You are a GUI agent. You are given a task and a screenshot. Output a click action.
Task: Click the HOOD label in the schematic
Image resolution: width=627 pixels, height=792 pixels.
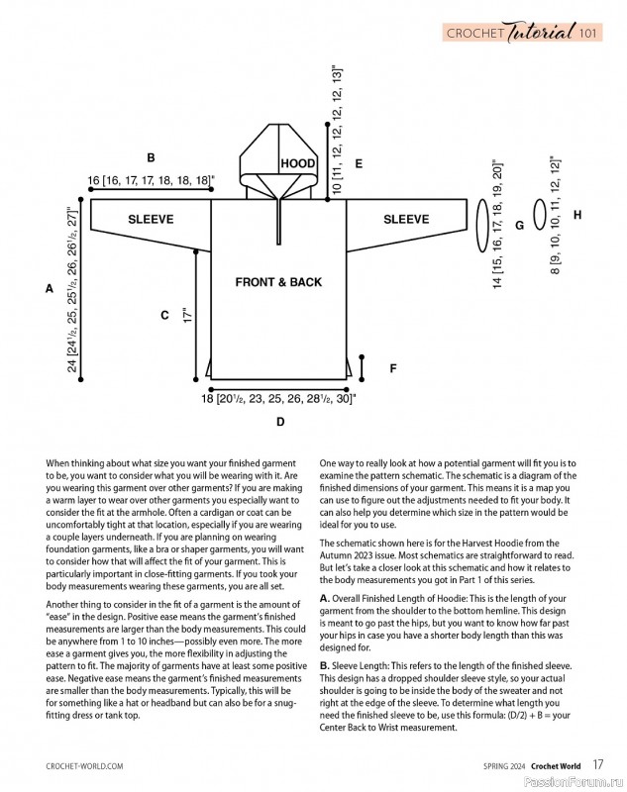pos(297,163)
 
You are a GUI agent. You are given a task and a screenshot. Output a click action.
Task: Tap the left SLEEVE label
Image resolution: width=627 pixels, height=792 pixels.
pos(151,219)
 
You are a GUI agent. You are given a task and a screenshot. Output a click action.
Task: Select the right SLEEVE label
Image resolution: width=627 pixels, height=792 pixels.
pos(406,219)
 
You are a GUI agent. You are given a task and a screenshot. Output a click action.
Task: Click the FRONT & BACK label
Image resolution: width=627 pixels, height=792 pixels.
pos(278,282)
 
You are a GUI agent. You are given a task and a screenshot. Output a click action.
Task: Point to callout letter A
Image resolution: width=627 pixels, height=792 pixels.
pos(49,289)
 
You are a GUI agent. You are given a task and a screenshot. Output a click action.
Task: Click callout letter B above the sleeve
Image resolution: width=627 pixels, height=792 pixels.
pos(151,157)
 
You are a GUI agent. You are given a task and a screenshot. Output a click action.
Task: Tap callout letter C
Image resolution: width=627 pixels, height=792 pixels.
pos(164,316)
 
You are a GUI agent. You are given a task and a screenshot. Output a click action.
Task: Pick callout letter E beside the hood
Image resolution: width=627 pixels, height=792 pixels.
pos(359,163)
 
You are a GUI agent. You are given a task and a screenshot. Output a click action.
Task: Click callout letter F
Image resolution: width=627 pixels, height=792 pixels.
pos(392,368)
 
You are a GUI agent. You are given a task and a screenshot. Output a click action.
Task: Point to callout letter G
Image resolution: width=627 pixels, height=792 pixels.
pos(519,226)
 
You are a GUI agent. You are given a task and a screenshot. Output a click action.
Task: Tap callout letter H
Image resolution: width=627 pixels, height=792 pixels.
pos(576,215)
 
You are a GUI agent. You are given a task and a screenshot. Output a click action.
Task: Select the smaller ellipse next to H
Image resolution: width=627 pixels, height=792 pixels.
pos(539,215)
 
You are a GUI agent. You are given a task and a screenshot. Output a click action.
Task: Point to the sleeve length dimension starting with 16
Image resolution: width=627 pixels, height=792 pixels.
pos(151,180)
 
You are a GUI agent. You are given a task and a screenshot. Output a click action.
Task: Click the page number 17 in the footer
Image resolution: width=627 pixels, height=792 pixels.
pos(598,764)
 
